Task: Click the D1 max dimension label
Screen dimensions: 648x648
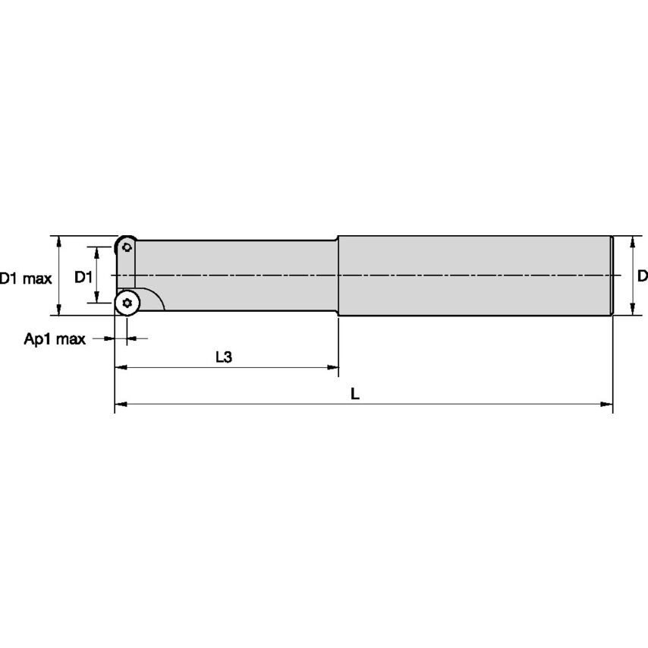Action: (26, 279)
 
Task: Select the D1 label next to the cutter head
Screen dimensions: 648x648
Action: (83, 277)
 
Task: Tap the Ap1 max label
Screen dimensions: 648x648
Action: (55, 339)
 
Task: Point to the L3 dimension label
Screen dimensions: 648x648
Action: (224, 357)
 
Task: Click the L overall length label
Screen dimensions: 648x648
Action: (355, 394)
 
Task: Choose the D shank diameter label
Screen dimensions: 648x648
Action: (642, 275)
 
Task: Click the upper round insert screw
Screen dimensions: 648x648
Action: (127, 247)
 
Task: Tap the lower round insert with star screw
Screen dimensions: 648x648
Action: (127, 304)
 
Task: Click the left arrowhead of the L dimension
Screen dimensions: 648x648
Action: (121, 404)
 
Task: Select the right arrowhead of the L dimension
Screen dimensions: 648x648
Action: (607, 404)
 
